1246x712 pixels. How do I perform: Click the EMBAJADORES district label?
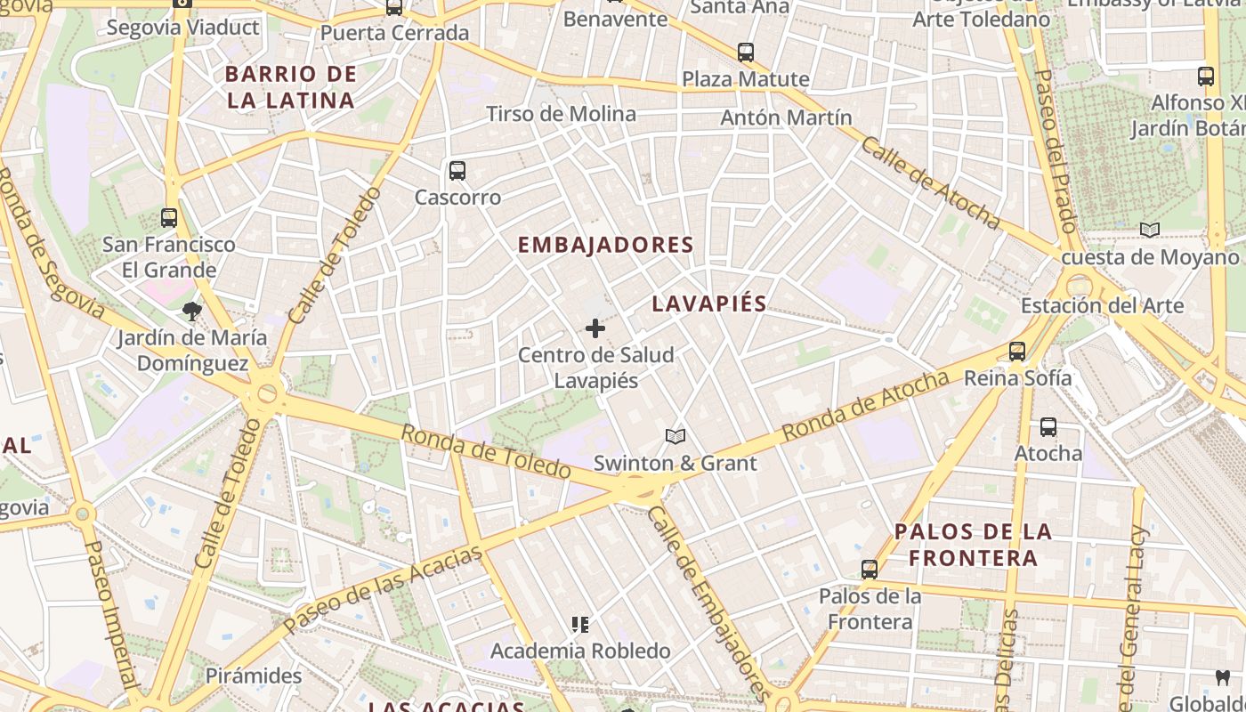(605, 245)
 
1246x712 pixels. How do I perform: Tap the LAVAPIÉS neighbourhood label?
(708, 303)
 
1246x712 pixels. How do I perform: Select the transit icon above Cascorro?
(457, 170)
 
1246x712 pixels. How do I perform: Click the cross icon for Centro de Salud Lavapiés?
(595, 328)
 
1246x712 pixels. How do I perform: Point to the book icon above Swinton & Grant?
(676, 436)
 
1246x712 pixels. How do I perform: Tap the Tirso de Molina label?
(561, 114)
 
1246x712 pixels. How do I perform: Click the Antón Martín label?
(786, 117)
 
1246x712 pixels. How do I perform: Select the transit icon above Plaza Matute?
(746, 53)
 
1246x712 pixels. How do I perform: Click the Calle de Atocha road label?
(930, 182)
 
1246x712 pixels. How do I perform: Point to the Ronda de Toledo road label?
(485, 450)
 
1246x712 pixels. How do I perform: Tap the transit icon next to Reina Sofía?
(1017, 352)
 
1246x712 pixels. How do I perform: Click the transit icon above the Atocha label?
(1048, 427)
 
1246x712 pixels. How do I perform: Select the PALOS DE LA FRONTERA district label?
(974, 545)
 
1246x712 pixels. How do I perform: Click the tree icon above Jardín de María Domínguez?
(191, 311)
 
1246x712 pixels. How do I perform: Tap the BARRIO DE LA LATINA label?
(290, 87)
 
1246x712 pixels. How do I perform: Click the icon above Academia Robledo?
(580, 625)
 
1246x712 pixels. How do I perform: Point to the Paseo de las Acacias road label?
(384, 589)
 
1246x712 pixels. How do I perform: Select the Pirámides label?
(254, 676)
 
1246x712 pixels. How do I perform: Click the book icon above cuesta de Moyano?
(1150, 231)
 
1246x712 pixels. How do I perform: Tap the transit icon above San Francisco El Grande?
(168, 217)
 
